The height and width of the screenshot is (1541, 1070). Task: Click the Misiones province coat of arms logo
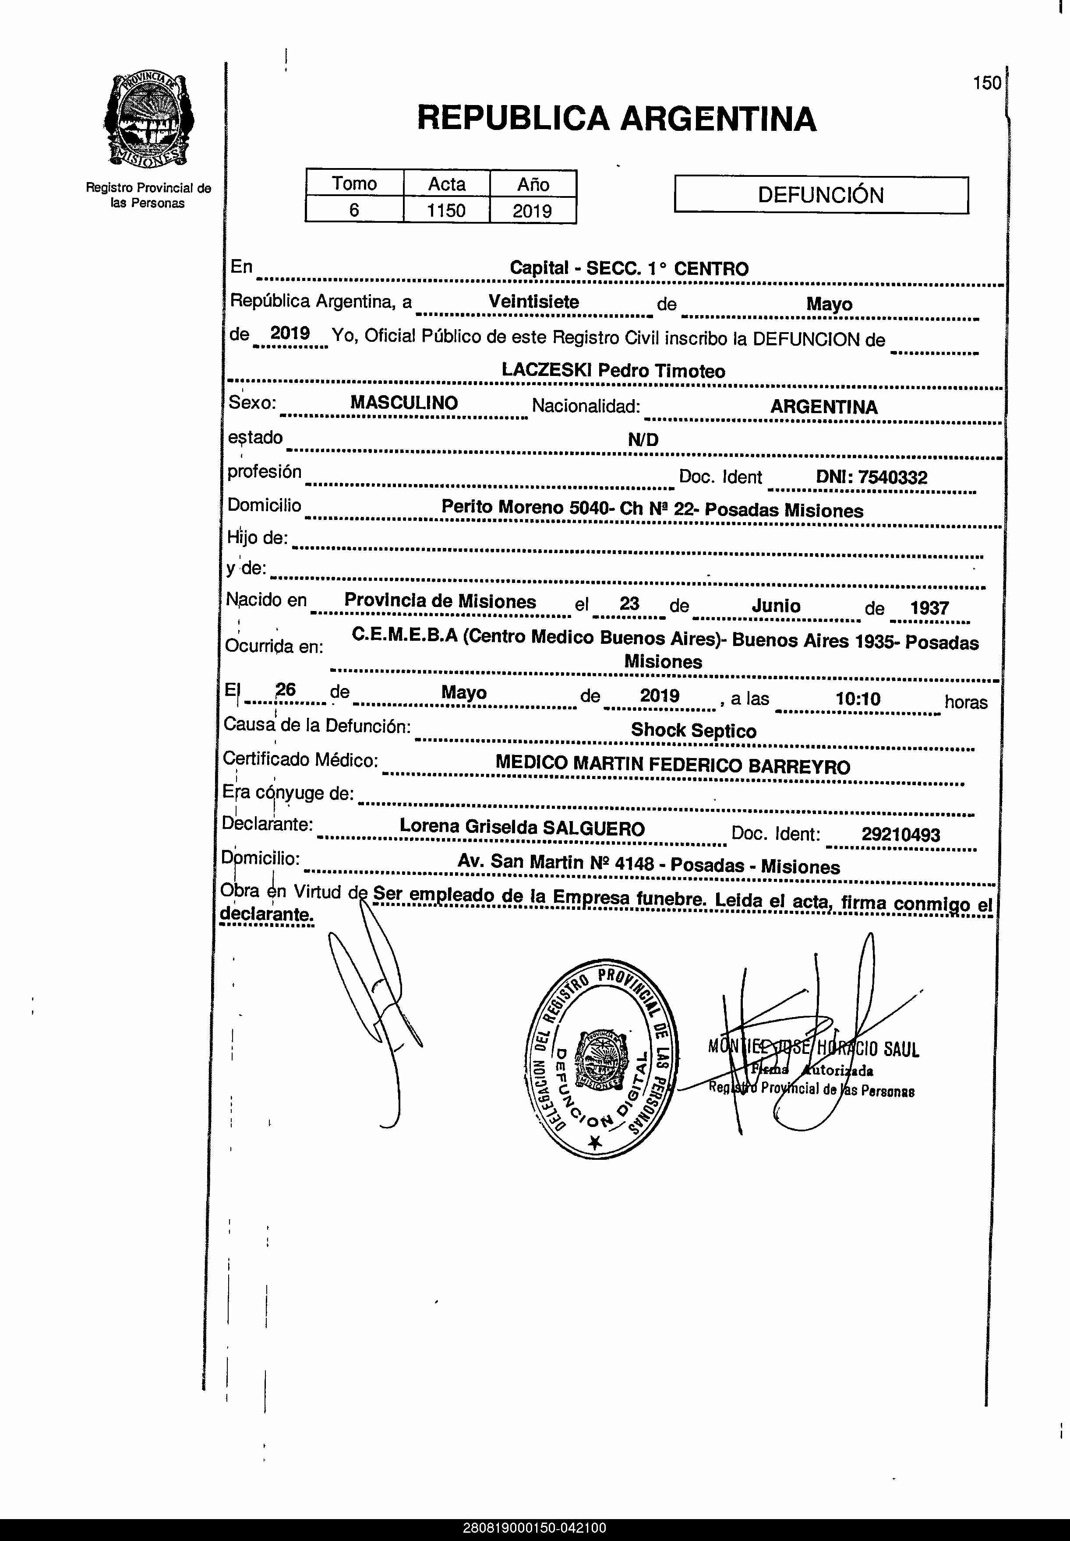pyautogui.click(x=149, y=121)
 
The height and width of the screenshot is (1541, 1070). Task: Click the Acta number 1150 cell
pyautogui.click(x=446, y=211)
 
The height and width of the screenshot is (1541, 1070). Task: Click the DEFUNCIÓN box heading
pyautogui.click(x=821, y=195)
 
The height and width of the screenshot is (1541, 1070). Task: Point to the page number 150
pyautogui.click(x=986, y=83)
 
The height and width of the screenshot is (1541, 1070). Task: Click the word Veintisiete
pyautogui.click(x=533, y=302)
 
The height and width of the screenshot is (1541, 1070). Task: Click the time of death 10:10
pyautogui.click(x=858, y=699)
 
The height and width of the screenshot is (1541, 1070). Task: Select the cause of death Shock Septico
pyautogui.click(x=693, y=730)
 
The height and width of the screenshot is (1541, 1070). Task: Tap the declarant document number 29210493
pyautogui.click(x=900, y=834)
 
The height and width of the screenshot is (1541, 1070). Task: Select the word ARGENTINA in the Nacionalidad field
pyautogui.click(x=823, y=407)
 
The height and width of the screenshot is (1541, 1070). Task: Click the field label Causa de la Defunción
pyautogui.click(x=316, y=726)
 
